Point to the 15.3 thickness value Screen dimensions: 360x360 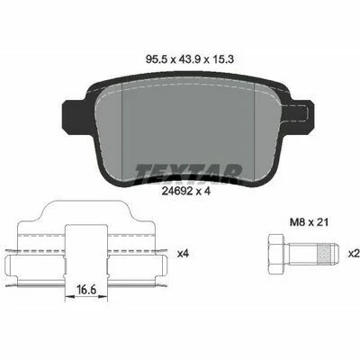223,59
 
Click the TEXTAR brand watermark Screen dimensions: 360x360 188,174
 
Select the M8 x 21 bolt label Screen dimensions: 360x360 309,222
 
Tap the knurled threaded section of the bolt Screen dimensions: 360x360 326,254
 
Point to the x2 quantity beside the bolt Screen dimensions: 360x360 354,254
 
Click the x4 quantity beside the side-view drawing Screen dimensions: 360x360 183,254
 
